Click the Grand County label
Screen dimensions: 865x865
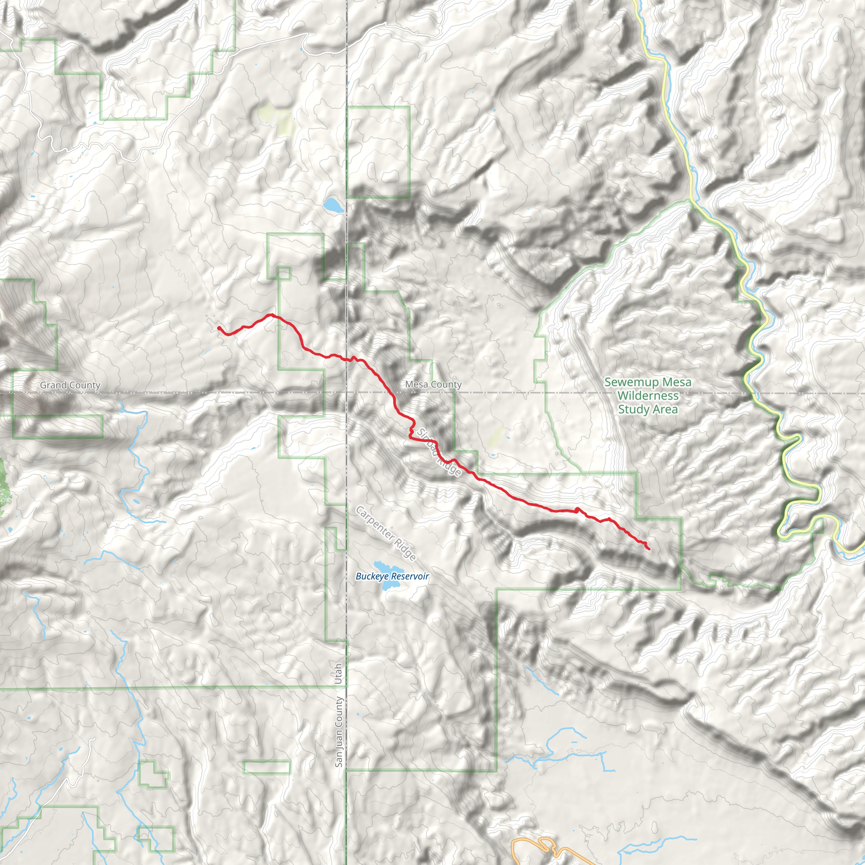pos(70,385)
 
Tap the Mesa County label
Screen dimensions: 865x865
pos(433,384)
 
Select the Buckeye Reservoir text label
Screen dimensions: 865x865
pos(392,576)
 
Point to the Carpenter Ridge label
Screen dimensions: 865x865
pos(386,533)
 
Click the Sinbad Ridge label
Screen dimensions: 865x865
pos(439,452)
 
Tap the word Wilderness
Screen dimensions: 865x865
pos(648,396)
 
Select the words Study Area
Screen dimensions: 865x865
pos(648,409)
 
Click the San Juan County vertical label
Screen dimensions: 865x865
pos(339,732)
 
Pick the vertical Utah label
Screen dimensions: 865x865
pos(339,674)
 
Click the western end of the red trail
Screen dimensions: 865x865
pos(219,328)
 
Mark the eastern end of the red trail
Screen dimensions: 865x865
pos(649,549)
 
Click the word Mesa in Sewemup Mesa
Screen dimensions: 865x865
pos(677,382)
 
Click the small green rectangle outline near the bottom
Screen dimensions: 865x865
pos(267,767)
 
